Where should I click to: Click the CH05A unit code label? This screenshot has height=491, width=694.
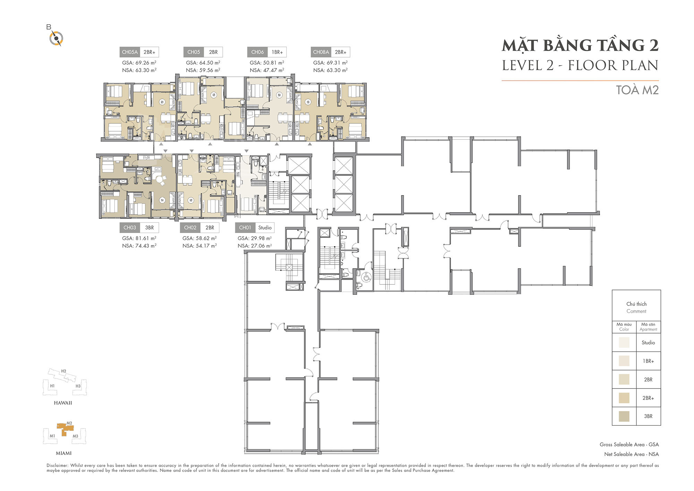pos(130,52)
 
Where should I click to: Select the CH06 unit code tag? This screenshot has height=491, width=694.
pos(257,52)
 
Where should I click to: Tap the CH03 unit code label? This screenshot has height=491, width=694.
pos(130,227)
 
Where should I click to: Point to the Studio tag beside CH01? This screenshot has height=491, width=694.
pos(265,227)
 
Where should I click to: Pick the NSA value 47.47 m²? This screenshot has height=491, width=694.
pos(267,70)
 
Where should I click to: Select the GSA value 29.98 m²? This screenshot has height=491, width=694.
pos(255,238)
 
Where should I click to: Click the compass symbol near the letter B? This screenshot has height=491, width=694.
pos(56,38)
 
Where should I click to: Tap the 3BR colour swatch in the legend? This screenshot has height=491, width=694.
pos(624,416)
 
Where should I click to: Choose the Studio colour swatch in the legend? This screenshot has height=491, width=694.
pos(624,342)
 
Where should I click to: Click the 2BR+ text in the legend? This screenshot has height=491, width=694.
pos(648,398)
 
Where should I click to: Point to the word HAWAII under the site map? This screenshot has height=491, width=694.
pos(63,403)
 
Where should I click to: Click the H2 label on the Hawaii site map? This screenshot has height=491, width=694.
pos(64,371)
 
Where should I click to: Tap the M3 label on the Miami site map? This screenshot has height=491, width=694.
pos(75,436)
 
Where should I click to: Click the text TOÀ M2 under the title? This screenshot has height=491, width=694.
pos(637,90)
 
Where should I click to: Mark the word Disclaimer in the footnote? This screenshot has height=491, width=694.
pos(58,465)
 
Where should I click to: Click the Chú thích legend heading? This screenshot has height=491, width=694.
pos(636,304)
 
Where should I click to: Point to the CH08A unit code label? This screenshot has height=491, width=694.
pos(321,52)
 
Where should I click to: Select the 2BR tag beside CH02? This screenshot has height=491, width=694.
pos(210,227)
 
